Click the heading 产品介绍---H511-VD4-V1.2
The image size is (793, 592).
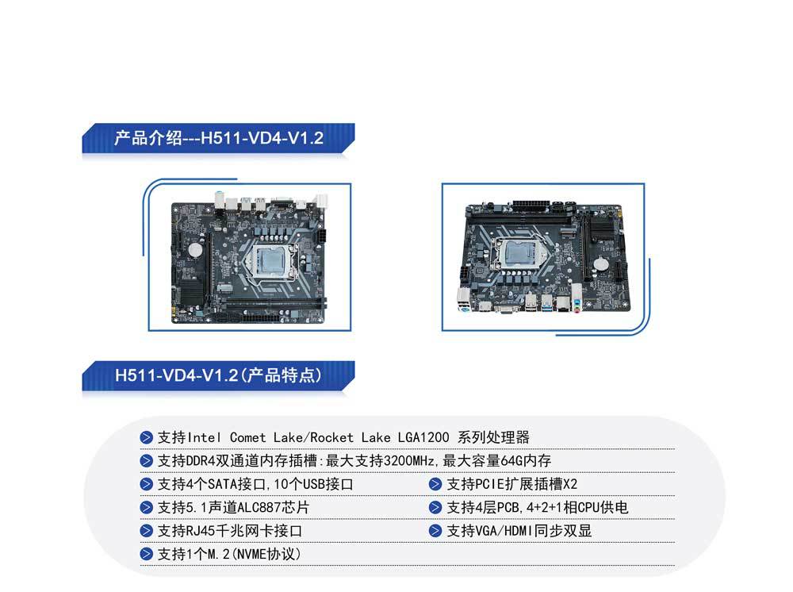click(218, 138)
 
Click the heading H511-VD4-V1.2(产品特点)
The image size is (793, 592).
click(218, 375)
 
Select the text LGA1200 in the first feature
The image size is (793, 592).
click(425, 437)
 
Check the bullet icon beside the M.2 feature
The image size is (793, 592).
click(147, 554)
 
